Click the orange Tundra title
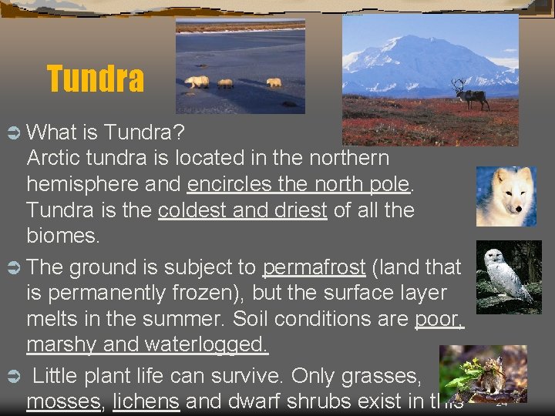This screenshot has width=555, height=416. pos(96,79)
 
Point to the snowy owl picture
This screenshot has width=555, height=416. pos(509,276)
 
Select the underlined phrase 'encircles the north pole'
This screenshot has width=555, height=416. pos(301,184)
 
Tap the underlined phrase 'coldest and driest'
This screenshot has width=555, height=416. pos(243,210)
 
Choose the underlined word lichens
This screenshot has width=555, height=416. pos(146,401)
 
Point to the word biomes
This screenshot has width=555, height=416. pos(62,235)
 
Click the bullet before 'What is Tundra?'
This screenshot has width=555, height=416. pos(12,133)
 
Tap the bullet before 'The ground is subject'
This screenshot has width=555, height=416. pos(12,268)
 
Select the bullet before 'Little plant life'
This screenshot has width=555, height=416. pos(12,377)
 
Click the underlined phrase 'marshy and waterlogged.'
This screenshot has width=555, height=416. pos(147,344)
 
